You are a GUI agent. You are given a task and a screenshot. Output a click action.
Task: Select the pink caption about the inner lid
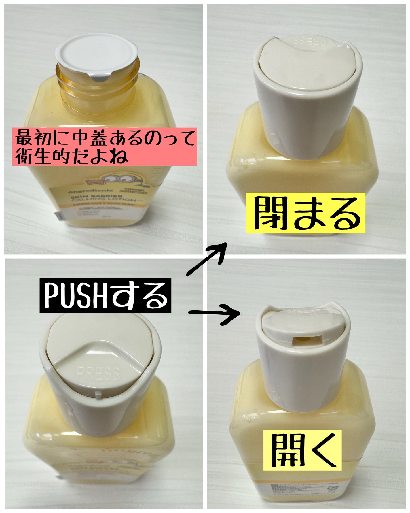point(104,147)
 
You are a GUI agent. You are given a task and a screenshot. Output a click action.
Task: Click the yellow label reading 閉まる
point(305,213)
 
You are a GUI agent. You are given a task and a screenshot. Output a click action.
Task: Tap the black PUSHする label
point(105,295)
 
